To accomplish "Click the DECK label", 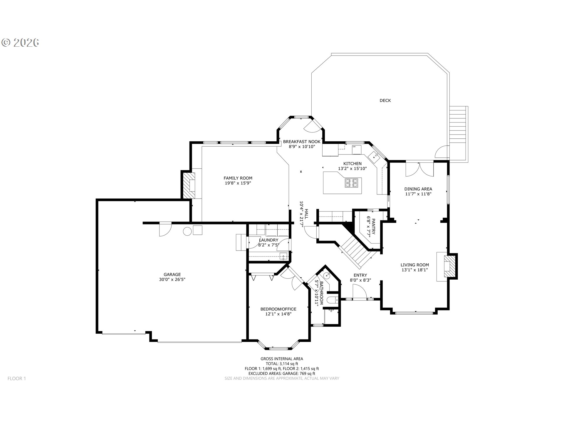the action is pyautogui.click(x=385, y=100).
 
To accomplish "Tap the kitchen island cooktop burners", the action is pyautogui.click(x=352, y=183).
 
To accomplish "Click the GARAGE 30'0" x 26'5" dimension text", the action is pyautogui.click(x=172, y=279).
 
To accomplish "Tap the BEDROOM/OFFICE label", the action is pyautogui.click(x=278, y=309).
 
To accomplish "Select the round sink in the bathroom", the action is pyautogui.click(x=327, y=276).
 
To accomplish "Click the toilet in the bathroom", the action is pyautogui.click(x=332, y=300).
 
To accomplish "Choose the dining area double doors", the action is pyautogui.click(x=419, y=169).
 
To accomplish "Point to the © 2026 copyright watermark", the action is pyautogui.click(x=21, y=43).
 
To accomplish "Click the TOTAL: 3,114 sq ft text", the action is pyautogui.click(x=282, y=364).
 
